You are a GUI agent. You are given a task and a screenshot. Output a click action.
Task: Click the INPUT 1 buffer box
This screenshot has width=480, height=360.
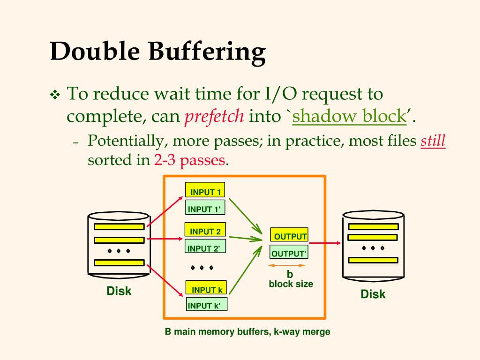205,190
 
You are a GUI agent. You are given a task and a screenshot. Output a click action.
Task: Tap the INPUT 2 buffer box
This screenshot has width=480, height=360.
205,230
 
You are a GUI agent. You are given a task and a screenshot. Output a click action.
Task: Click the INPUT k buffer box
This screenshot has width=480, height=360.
206,288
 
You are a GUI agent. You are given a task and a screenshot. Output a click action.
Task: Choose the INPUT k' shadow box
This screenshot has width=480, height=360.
206,306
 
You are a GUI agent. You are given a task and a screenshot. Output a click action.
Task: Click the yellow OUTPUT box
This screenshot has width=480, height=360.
289,236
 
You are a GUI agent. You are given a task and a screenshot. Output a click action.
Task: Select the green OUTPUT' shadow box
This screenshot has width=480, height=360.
289,253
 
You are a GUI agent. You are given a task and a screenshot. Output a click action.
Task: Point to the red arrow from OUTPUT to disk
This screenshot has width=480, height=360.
325,243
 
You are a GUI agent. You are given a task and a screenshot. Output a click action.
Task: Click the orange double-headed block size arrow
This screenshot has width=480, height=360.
286,265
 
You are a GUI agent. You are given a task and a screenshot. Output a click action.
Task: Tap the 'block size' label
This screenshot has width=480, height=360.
291,284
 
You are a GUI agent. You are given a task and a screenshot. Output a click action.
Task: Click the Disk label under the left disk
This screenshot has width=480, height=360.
119,291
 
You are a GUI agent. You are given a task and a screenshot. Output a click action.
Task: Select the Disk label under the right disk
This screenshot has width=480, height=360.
373,294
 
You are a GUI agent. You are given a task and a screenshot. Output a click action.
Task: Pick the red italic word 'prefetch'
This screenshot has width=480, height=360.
214,116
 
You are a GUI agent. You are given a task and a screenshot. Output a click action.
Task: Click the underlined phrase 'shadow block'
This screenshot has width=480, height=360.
349,116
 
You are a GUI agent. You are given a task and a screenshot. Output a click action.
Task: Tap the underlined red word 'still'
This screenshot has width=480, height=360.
433,141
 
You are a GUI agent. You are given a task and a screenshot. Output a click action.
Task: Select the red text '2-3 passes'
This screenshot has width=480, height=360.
189,160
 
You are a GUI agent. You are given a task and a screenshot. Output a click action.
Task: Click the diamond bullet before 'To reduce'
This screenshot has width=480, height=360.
55,96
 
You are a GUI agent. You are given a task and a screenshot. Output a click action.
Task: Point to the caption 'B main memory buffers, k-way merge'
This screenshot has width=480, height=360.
247,332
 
